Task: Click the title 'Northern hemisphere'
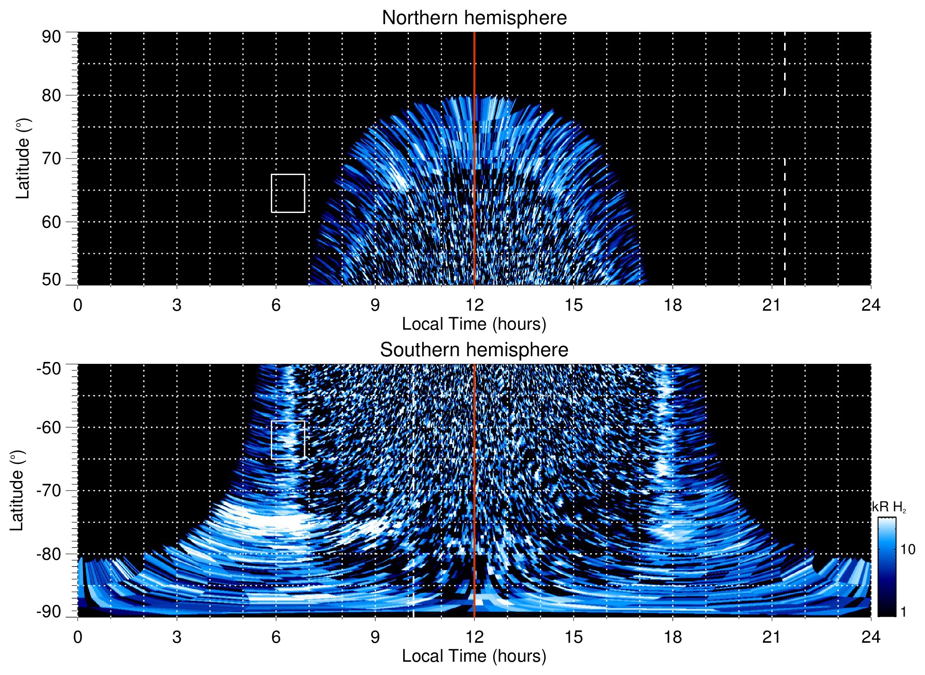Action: pyautogui.click(x=474, y=18)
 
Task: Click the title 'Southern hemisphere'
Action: pyautogui.click(x=474, y=350)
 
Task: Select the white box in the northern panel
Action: pyautogui.click(x=288, y=193)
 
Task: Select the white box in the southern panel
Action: pyautogui.click(x=288, y=439)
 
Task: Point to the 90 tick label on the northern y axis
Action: pyautogui.click(x=51, y=37)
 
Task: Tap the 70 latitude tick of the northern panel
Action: pyautogui.click(x=51, y=158)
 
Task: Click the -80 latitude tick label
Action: pyautogui.click(x=49, y=554)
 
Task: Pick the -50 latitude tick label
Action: pyautogui.click(x=49, y=369)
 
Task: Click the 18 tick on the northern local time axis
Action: pyautogui.click(x=673, y=305)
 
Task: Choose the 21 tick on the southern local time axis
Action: pyautogui.click(x=772, y=637)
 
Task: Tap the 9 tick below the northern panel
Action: pyautogui.click(x=375, y=305)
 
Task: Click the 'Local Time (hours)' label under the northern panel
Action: pyautogui.click(x=474, y=324)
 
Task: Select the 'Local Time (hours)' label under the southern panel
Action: pyautogui.click(x=474, y=656)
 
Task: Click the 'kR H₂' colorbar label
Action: pyautogui.click(x=889, y=507)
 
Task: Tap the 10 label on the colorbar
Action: pyautogui.click(x=907, y=549)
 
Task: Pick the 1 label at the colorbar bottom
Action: pyautogui.click(x=903, y=612)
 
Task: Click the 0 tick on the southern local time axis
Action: pyautogui.click(x=78, y=637)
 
